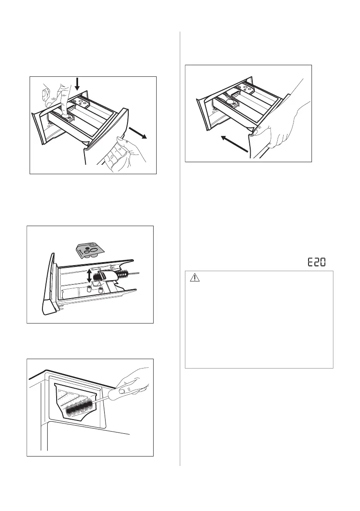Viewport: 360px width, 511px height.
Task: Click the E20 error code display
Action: [320, 262]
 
